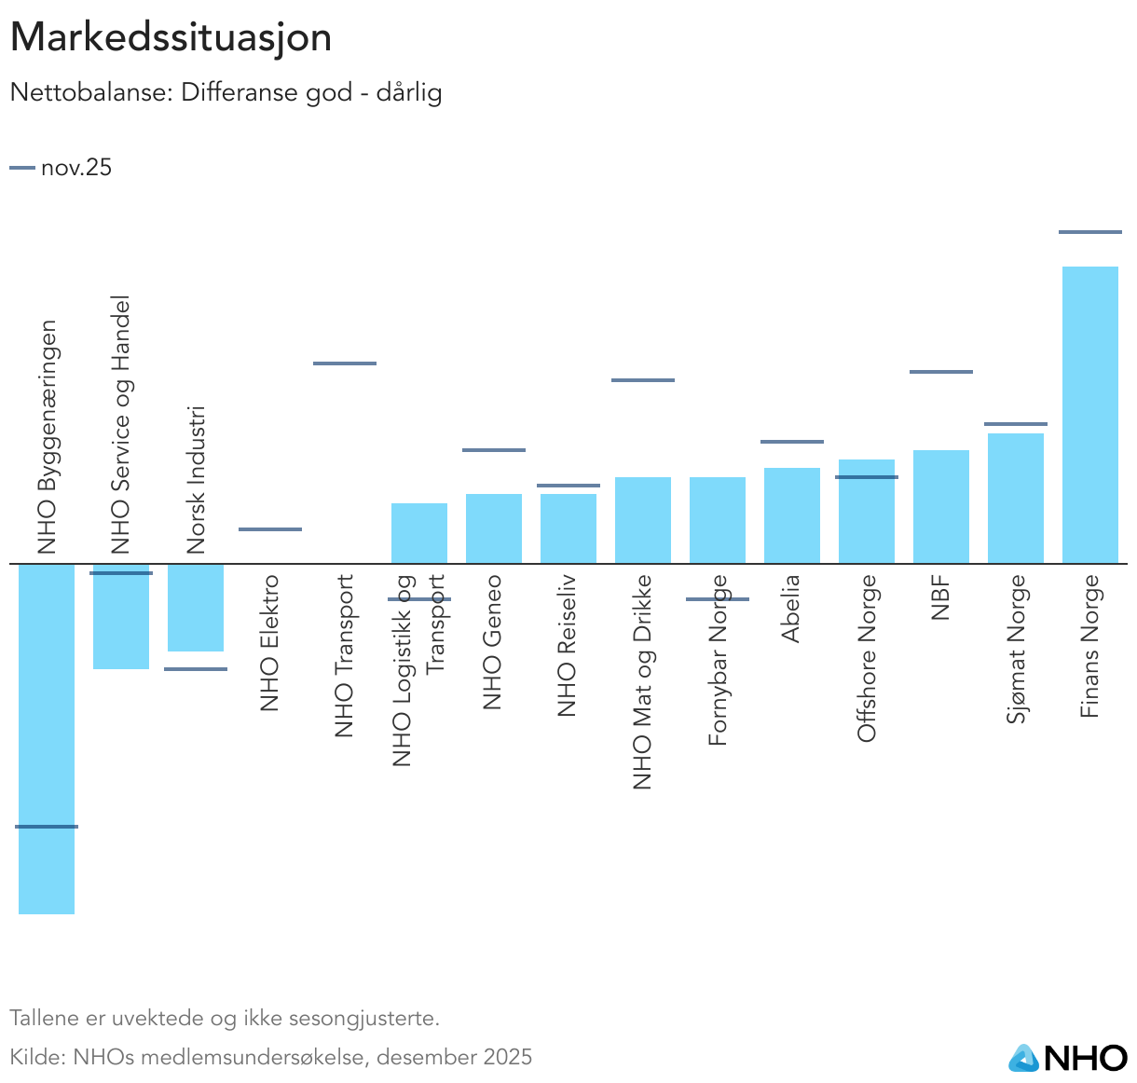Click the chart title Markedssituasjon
(171, 38)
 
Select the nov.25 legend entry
(62, 168)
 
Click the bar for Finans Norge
(1089, 415)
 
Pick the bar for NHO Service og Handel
(121, 616)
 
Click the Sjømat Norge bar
(1015, 498)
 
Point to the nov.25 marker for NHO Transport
(345, 363)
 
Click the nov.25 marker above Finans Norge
(1089, 232)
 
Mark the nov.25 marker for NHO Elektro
(270, 529)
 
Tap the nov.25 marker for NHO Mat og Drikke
(643, 380)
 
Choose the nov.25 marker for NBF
(940, 372)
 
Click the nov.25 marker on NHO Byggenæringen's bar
(47, 827)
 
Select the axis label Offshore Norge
(867, 658)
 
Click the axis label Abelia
(791, 609)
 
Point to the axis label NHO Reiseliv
(568, 646)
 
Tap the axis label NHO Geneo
(493, 642)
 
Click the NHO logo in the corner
(1068, 1058)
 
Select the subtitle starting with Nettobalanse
(226, 93)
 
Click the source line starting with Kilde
(270, 1057)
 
